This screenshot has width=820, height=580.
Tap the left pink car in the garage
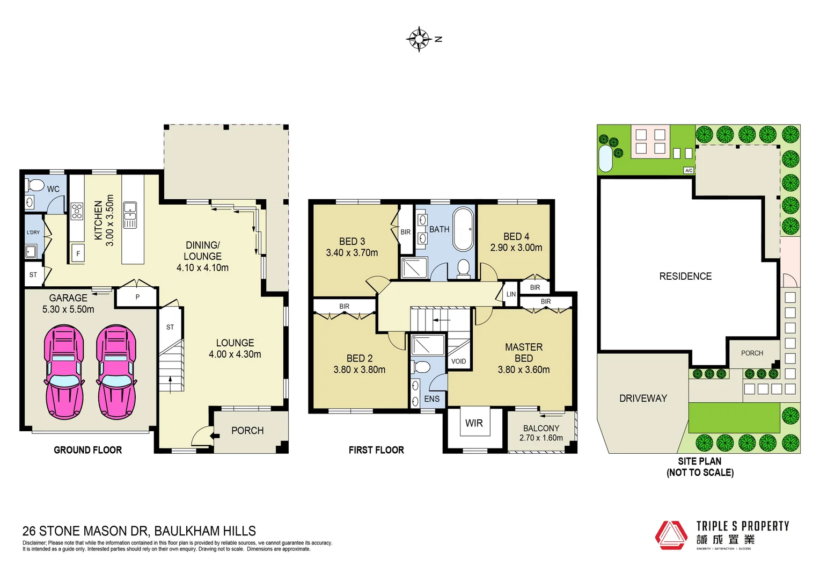click(64, 372)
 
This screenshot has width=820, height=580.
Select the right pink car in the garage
click(116, 372)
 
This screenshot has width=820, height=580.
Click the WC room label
click(53, 189)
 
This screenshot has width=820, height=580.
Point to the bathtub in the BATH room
click(463, 229)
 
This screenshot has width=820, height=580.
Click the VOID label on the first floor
click(458, 361)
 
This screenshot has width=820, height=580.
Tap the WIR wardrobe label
click(474, 423)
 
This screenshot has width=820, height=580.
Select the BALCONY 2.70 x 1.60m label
click(541, 433)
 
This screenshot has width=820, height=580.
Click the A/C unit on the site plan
click(689, 170)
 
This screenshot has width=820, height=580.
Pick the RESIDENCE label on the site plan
click(685, 277)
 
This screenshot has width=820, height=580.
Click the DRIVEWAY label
click(643, 398)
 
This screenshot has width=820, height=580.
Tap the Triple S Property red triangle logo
click(671, 535)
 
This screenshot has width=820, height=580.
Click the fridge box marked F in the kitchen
click(78, 253)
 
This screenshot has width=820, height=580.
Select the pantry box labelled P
click(137, 297)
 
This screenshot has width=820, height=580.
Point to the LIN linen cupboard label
click(511, 294)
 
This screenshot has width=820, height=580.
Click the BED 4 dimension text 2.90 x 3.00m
click(516, 248)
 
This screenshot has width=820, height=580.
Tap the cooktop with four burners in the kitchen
click(77, 212)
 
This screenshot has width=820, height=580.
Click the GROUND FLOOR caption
click(87, 450)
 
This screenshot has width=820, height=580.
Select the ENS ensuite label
click(431, 399)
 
